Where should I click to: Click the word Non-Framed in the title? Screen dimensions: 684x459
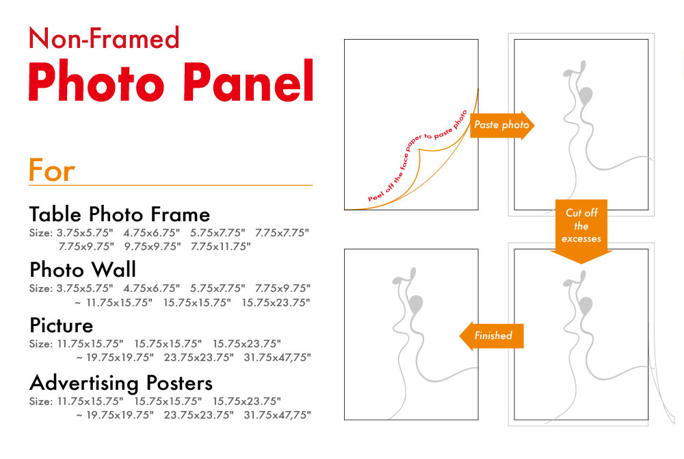coord(104,38)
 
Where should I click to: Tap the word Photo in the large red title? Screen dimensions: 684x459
coord(96,82)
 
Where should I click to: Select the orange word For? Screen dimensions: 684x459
coord(51,171)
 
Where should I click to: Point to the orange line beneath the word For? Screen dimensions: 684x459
coord(170,185)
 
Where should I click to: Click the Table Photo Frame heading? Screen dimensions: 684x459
coord(120,214)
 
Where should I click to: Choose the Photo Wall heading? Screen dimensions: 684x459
coord(83,269)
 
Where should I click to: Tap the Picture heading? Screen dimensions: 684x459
coord(61,325)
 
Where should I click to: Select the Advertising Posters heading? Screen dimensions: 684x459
coord(121,383)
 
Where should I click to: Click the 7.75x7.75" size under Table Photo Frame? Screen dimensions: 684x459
coord(282,233)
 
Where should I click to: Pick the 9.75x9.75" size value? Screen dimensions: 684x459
coord(153,247)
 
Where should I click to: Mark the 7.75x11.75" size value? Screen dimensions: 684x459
coord(221,247)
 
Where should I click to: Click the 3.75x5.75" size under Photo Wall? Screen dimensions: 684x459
coord(85,288)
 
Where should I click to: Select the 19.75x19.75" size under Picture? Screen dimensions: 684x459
coord(120,358)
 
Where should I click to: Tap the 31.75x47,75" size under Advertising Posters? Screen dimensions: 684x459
coord(278,415)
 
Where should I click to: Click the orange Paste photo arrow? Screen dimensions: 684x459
coord(502,125)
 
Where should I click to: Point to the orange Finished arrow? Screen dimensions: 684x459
coord(492,336)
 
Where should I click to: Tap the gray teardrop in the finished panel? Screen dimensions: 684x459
coord(417,303)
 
